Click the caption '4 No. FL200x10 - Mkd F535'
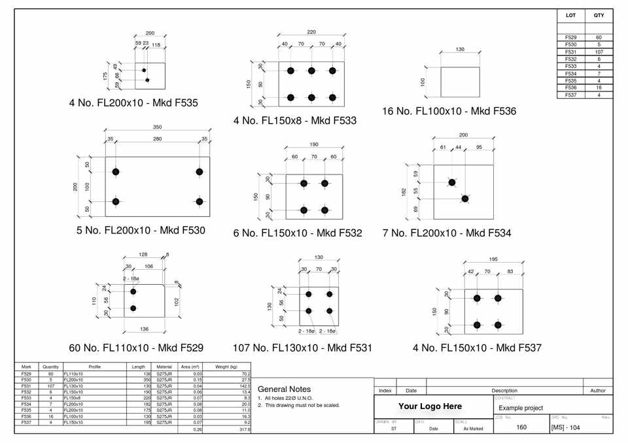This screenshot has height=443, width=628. click(133, 103)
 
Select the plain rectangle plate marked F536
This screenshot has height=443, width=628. click(460, 82)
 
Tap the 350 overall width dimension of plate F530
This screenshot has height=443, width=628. click(157, 127)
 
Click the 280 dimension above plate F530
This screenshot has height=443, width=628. click(157, 139)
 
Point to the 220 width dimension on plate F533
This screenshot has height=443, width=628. click(311, 32)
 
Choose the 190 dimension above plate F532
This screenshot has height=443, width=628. click(314, 144)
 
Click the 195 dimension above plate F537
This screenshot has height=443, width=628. click(493, 259)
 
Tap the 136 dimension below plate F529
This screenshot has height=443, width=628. click(144, 329)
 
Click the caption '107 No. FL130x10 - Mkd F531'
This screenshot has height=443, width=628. click(302, 348)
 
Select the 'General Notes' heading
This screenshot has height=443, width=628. click(285, 389)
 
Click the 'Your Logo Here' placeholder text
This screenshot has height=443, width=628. click(430, 406)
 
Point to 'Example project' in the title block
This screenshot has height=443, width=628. click(521, 408)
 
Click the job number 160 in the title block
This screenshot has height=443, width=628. click(521, 427)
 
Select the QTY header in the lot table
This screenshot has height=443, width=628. click(599, 15)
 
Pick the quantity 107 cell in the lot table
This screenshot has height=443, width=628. click(599, 52)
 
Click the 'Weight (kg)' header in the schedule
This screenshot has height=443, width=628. click(226, 367)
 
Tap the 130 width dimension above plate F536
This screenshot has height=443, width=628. click(460, 49)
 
